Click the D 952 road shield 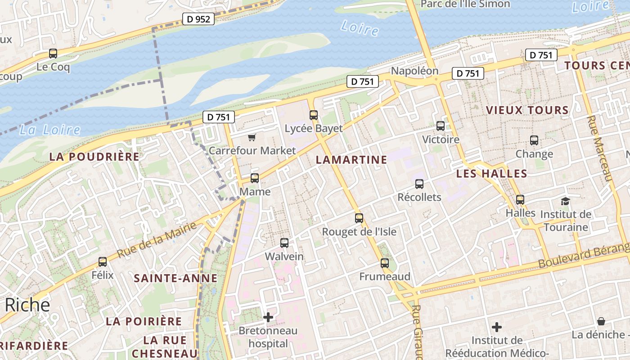198,19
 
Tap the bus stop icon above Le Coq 53,54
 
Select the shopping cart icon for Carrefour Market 252,137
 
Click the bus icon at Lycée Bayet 314,115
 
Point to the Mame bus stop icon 255,178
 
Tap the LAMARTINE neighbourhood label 351,160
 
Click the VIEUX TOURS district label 527,110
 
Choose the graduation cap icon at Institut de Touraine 565,201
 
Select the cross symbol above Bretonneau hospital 268,318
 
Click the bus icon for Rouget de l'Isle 359,218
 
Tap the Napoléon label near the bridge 414,71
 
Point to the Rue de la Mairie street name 157,239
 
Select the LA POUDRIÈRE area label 94,157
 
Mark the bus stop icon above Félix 103,261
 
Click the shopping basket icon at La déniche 601,321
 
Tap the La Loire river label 49,130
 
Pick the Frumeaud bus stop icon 385,263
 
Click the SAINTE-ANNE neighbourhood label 175,279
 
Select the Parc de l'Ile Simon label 465,4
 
